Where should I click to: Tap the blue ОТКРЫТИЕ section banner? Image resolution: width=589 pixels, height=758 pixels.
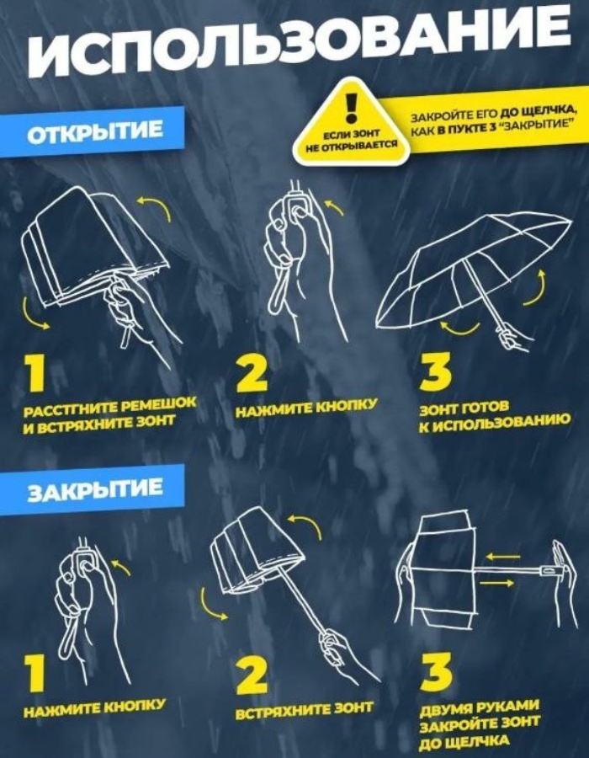pyautogui.click(x=92, y=132)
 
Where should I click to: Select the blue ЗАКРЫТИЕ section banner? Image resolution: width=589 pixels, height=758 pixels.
pyautogui.click(x=92, y=489)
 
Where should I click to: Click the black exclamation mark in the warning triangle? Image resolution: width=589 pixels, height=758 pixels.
pyautogui.click(x=351, y=107)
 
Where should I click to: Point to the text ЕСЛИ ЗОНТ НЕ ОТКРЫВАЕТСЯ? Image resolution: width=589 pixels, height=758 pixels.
pyautogui.click(x=352, y=139)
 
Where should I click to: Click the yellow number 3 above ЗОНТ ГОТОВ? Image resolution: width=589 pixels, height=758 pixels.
pyautogui.click(x=436, y=373)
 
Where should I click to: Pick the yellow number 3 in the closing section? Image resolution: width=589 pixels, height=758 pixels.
pyautogui.click(x=436, y=672)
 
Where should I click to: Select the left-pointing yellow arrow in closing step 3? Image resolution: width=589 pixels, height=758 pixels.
pyautogui.click(x=503, y=557)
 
